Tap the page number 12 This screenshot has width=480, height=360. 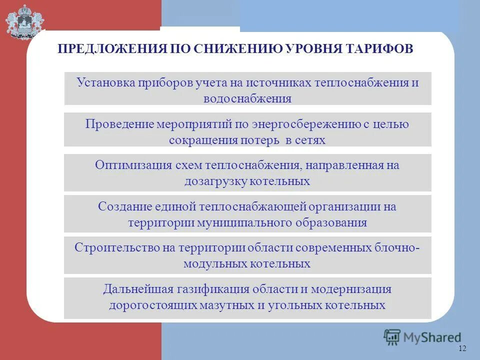point(461,348)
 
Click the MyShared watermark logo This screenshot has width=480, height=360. point(422,337)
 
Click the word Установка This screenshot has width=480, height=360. point(105,82)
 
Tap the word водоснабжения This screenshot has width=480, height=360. point(247,98)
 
